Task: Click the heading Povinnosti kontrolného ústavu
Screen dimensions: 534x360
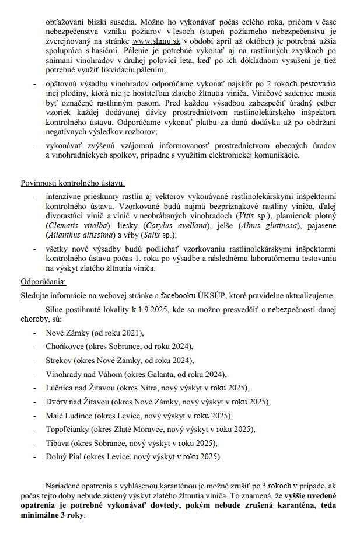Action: pos(72,184)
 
